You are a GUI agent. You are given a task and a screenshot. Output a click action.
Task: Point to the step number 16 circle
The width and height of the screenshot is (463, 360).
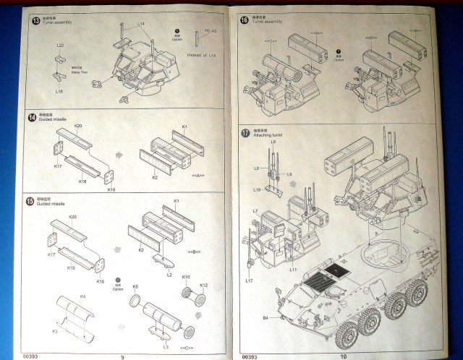click(x=244, y=18)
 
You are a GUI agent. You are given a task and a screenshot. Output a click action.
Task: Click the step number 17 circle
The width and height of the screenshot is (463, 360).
click(x=245, y=132)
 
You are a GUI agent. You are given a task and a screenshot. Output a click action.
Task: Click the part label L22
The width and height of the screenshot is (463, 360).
click(x=60, y=46)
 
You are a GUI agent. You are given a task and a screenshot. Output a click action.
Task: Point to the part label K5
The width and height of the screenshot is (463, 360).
click(x=135, y=287)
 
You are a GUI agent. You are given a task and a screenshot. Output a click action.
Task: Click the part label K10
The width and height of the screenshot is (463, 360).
click(x=186, y=278)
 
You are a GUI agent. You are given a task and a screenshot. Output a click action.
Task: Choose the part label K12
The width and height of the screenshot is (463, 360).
click(x=203, y=286)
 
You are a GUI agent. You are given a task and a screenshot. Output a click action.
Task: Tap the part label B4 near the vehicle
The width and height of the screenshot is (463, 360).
click(x=266, y=317)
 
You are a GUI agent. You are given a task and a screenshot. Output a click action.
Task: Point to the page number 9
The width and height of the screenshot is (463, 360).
click(x=123, y=355)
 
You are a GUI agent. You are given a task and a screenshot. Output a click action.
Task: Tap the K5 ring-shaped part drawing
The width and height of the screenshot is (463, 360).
click(x=134, y=299)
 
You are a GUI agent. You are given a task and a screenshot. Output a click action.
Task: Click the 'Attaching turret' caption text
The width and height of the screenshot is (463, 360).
click(x=268, y=136)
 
